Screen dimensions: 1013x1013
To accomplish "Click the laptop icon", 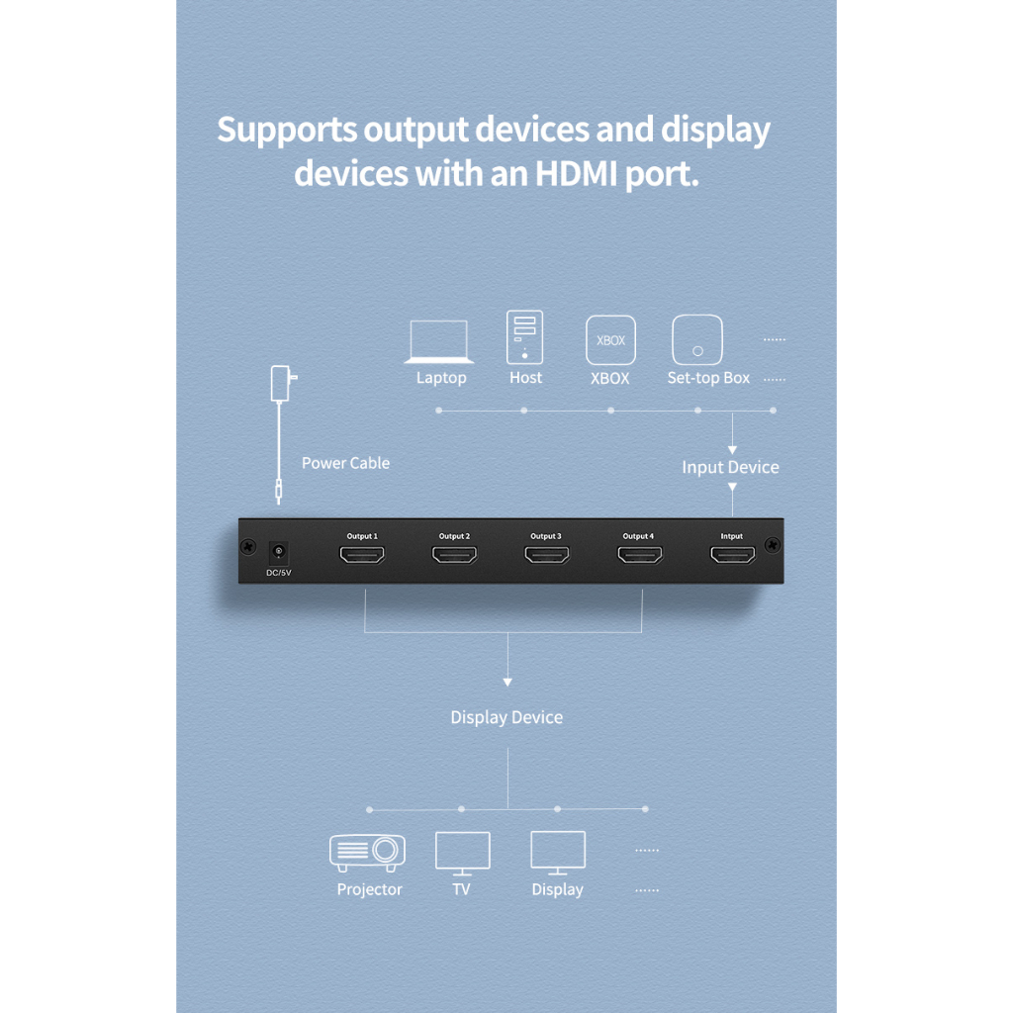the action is point(438,341).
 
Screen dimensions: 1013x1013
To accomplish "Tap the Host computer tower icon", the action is point(524,337).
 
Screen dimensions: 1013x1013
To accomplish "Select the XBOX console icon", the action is point(610,340).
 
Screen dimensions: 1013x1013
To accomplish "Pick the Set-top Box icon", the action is point(697,340).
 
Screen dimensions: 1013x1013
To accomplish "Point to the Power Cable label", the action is point(345,463).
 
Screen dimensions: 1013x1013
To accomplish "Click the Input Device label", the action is point(731,468).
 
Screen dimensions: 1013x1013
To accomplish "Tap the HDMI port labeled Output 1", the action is point(362,554).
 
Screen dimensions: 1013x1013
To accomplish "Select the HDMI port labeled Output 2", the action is point(455,554).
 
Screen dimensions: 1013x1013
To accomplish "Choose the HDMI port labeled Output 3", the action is point(547,554).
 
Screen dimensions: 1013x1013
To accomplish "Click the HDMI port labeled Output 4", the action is point(640,554).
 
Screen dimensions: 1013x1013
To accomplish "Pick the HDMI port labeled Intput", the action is point(733,554).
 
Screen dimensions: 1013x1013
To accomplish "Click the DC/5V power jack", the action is point(278,552).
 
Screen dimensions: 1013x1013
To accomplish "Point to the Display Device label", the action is point(506,718).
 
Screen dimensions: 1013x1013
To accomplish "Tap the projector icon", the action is point(368,852).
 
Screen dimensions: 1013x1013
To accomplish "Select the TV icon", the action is point(463,854).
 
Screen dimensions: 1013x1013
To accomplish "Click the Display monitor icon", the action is point(558,853).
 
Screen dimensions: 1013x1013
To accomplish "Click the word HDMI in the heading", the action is point(577,173).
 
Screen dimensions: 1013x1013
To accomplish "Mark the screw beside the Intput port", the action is point(772,545).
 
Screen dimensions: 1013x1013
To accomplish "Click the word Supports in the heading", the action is point(287,131).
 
